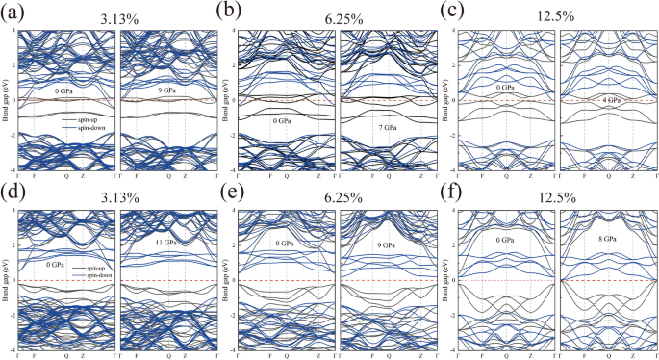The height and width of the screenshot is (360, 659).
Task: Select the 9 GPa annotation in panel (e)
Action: coord(386,244)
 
